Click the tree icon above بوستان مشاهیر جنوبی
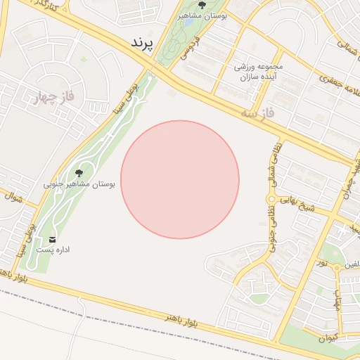coord(78,172)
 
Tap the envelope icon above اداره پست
coord(52,240)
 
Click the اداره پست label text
coord(53,250)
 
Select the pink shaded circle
coord(180,179)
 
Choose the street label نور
coord(323,263)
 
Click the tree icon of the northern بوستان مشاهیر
coord(202,5)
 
